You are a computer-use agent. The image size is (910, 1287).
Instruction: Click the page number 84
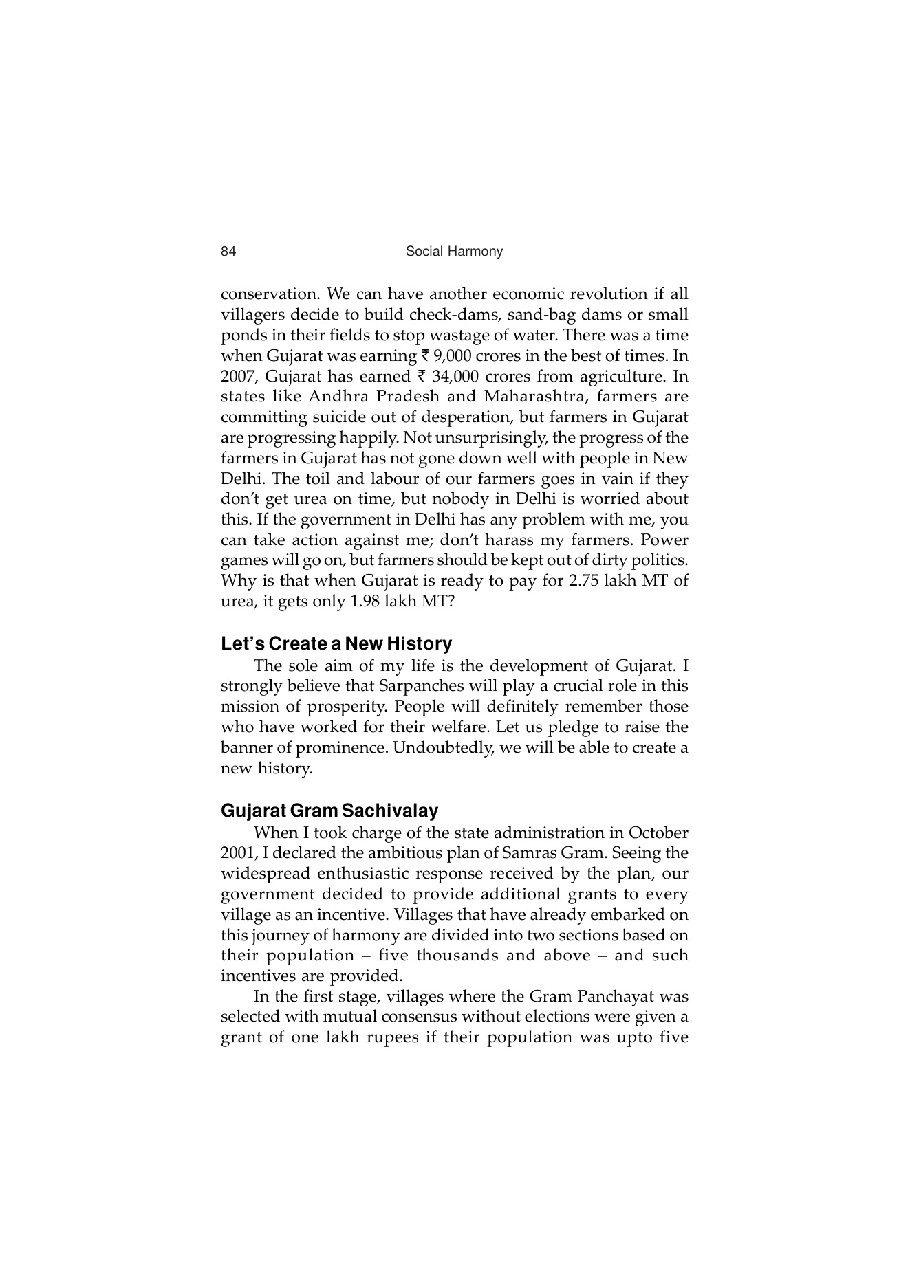(x=228, y=252)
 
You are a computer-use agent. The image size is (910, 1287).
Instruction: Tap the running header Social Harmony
(x=454, y=252)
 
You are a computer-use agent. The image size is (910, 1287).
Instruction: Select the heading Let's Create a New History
(x=336, y=644)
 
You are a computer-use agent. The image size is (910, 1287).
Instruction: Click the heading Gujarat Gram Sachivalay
(x=329, y=811)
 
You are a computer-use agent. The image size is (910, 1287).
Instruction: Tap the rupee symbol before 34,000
(x=422, y=377)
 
